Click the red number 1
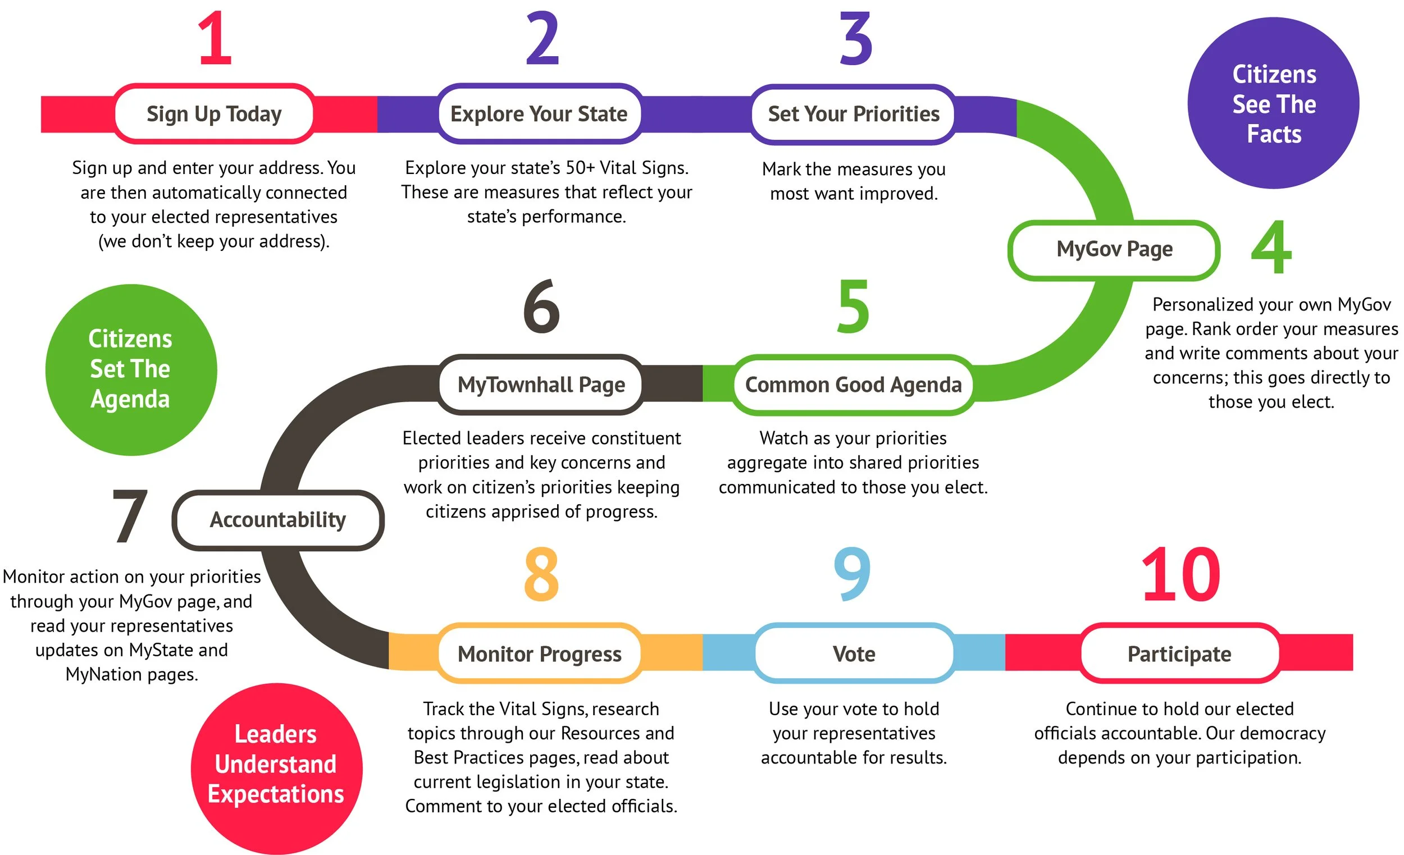click(215, 39)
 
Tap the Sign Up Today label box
click(213, 114)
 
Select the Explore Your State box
click(539, 114)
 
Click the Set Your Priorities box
click(853, 114)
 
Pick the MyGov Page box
click(1114, 249)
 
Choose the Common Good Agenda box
click(853, 385)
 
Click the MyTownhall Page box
click(541, 385)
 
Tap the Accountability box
click(277, 519)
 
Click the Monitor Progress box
click(539, 654)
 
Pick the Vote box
click(854, 654)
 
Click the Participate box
click(1179, 654)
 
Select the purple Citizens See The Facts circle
click(1274, 104)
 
